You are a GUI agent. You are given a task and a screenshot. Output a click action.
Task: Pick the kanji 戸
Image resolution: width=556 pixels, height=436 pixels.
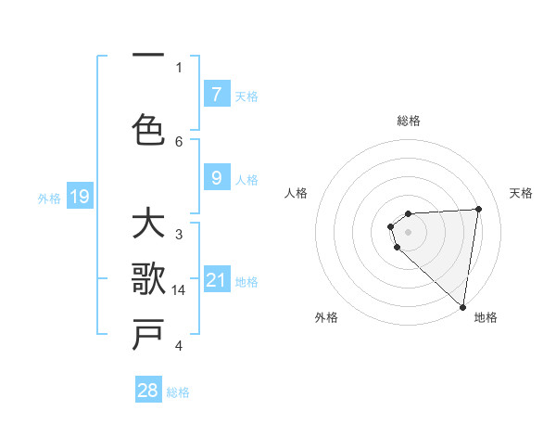pyautogui.click(x=148, y=334)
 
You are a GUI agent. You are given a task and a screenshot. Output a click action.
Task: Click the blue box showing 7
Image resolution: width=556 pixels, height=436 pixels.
pyautogui.click(x=216, y=95)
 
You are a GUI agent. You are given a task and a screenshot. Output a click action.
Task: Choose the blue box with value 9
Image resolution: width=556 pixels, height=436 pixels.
pyautogui.click(x=216, y=179)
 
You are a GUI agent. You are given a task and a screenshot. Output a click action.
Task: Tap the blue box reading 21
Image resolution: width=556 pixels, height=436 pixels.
pyautogui.click(x=216, y=280)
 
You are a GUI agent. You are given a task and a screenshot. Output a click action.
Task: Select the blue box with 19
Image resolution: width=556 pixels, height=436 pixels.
pyautogui.click(x=79, y=197)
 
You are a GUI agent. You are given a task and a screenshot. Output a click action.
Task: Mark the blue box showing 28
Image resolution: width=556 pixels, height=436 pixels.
pyautogui.click(x=148, y=391)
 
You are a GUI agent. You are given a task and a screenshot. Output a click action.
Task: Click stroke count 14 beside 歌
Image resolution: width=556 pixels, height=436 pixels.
pyautogui.click(x=180, y=290)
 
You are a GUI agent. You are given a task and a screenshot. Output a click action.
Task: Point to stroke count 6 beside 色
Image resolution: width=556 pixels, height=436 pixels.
pyautogui.click(x=179, y=141)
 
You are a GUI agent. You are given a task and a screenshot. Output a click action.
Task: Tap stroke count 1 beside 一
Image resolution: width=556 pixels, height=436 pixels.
pyautogui.click(x=179, y=67)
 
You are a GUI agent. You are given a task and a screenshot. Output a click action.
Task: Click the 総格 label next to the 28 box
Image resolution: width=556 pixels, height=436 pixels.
pyautogui.click(x=178, y=392)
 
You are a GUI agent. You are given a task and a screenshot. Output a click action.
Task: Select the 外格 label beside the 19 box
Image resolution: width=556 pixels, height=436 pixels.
pyautogui.click(x=49, y=198)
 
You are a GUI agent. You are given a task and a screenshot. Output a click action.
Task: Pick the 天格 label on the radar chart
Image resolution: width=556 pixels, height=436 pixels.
pyautogui.click(x=521, y=193)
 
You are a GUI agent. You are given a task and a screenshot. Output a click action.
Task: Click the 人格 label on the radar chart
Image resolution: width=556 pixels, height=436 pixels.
pyautogui.click(x=296, y=193)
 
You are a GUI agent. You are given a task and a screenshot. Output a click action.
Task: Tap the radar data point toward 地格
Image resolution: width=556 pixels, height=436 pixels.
pyautogui.click(x=463, y=307)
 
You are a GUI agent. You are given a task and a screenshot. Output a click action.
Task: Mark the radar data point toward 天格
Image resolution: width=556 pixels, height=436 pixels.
pyautogui.click(x=478, y=209)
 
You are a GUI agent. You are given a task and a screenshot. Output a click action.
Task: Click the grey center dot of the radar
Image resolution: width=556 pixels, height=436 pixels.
pyautogui.click(x=408, y=230)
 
